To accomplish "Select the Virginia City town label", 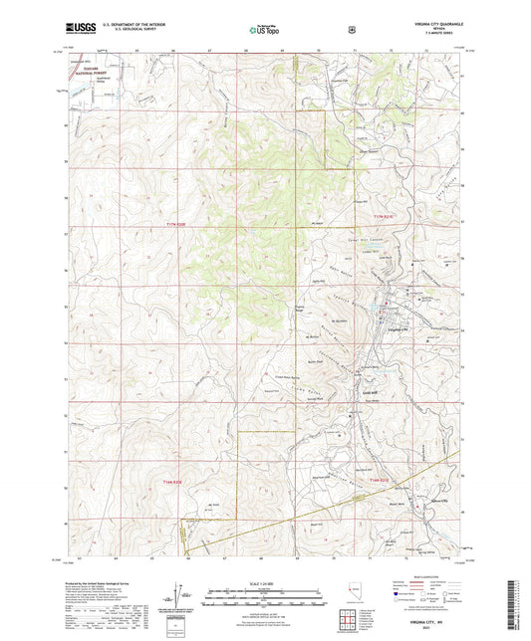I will coord(397,327).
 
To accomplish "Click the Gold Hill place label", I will coord(367,393).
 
